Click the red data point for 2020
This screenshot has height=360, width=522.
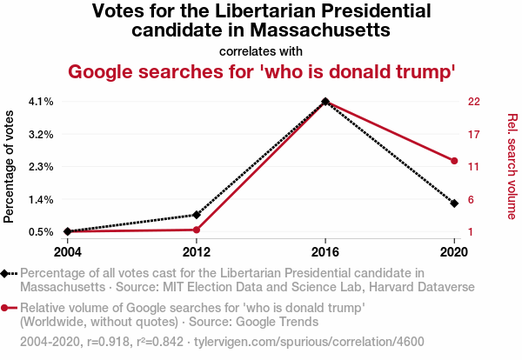pos(454,160)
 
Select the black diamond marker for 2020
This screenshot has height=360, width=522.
pos(454,203)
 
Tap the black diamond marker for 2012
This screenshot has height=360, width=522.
pos(197,215)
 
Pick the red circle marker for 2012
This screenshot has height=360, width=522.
pos(197,230)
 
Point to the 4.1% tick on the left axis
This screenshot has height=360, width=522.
pos(41,102)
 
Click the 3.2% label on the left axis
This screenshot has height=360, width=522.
pos(41,134)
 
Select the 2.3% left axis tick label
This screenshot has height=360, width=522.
pos(41,166)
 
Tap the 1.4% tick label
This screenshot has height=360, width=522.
pos(41,199)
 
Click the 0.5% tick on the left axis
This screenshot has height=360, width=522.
pos(41,231)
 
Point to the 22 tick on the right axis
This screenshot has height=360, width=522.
pos(474,102)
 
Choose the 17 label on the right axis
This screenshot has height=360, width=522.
pos(474,134)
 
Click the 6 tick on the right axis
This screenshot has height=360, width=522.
pos(472,199)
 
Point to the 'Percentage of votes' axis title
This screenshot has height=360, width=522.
pos(10,166)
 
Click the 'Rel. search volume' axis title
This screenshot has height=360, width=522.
pos(512,166)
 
